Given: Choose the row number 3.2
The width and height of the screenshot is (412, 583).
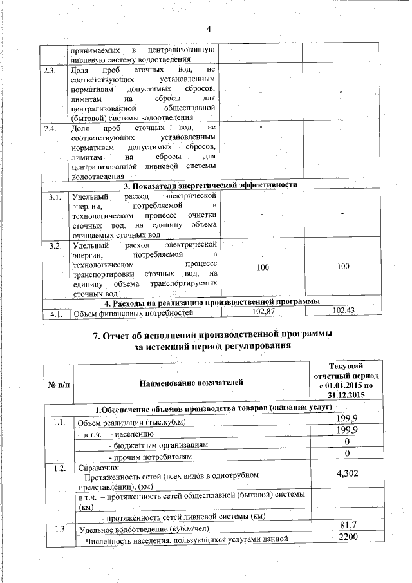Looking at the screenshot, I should pos(55,245).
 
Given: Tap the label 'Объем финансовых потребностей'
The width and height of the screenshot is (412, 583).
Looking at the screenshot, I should pos(134,314).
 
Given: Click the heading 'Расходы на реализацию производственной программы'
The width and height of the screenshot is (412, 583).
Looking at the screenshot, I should pos(212,302).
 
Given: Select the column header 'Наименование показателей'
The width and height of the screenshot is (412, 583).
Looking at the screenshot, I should pos(191,383).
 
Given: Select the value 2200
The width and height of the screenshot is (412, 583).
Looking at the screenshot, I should pos(348,538).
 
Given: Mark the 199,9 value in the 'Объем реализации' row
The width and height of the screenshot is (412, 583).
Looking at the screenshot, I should pos(348,420).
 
